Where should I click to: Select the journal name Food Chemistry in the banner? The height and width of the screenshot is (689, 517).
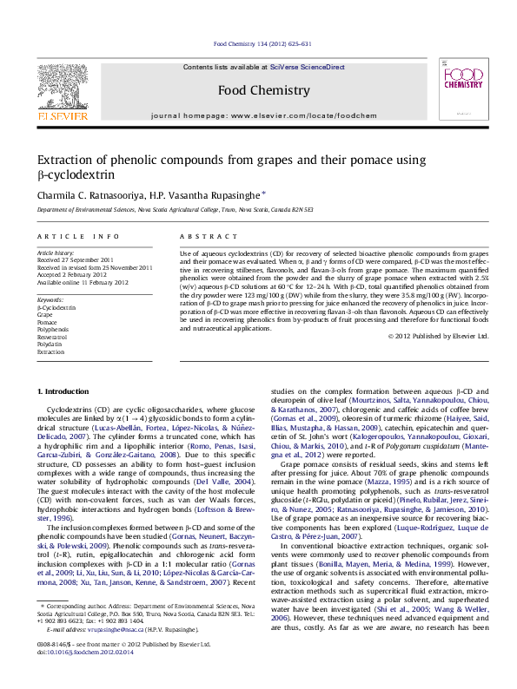point(262,90)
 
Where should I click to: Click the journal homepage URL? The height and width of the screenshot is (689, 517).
point(310,115)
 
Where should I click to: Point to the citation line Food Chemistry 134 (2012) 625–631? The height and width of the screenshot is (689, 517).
point(262,43)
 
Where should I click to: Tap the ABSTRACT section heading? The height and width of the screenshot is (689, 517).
point(203,236)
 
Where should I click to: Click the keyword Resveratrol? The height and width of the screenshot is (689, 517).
point(52,338)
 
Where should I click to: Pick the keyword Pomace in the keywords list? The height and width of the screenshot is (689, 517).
point(47,323)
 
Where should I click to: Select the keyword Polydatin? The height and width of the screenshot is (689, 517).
point(50,344)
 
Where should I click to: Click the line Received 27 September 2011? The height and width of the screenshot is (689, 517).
point(75,260)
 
